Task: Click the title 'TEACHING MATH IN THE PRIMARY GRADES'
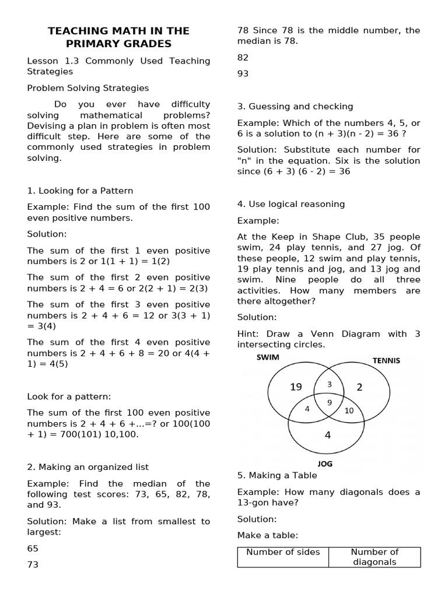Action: [x=118, y=37]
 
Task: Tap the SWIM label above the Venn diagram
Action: [x=268, y=357]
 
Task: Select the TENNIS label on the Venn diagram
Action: [x=386, y=360]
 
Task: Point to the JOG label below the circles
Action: [x=325, y=464]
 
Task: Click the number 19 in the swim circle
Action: [x=296, y=387]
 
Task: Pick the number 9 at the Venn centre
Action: [x=330, y=402]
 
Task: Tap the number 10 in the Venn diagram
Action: [x=349, y=410]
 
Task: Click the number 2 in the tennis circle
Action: [x=360, y=387]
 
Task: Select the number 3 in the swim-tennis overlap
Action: [x=329, y=384]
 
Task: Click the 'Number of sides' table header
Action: [x=283, y=552]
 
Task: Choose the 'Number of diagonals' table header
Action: [x=374, y=557]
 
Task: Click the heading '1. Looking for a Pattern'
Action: [x=80, y=191]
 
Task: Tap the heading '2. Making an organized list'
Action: [x=87, y=467]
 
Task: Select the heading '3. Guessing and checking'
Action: [x=295, y=106]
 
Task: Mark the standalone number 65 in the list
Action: [x=33, y=549]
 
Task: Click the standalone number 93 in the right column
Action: [x=243, y=73]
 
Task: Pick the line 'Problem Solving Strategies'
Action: [x=87, y=88]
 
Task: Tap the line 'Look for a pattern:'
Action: [x=69, y=396]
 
